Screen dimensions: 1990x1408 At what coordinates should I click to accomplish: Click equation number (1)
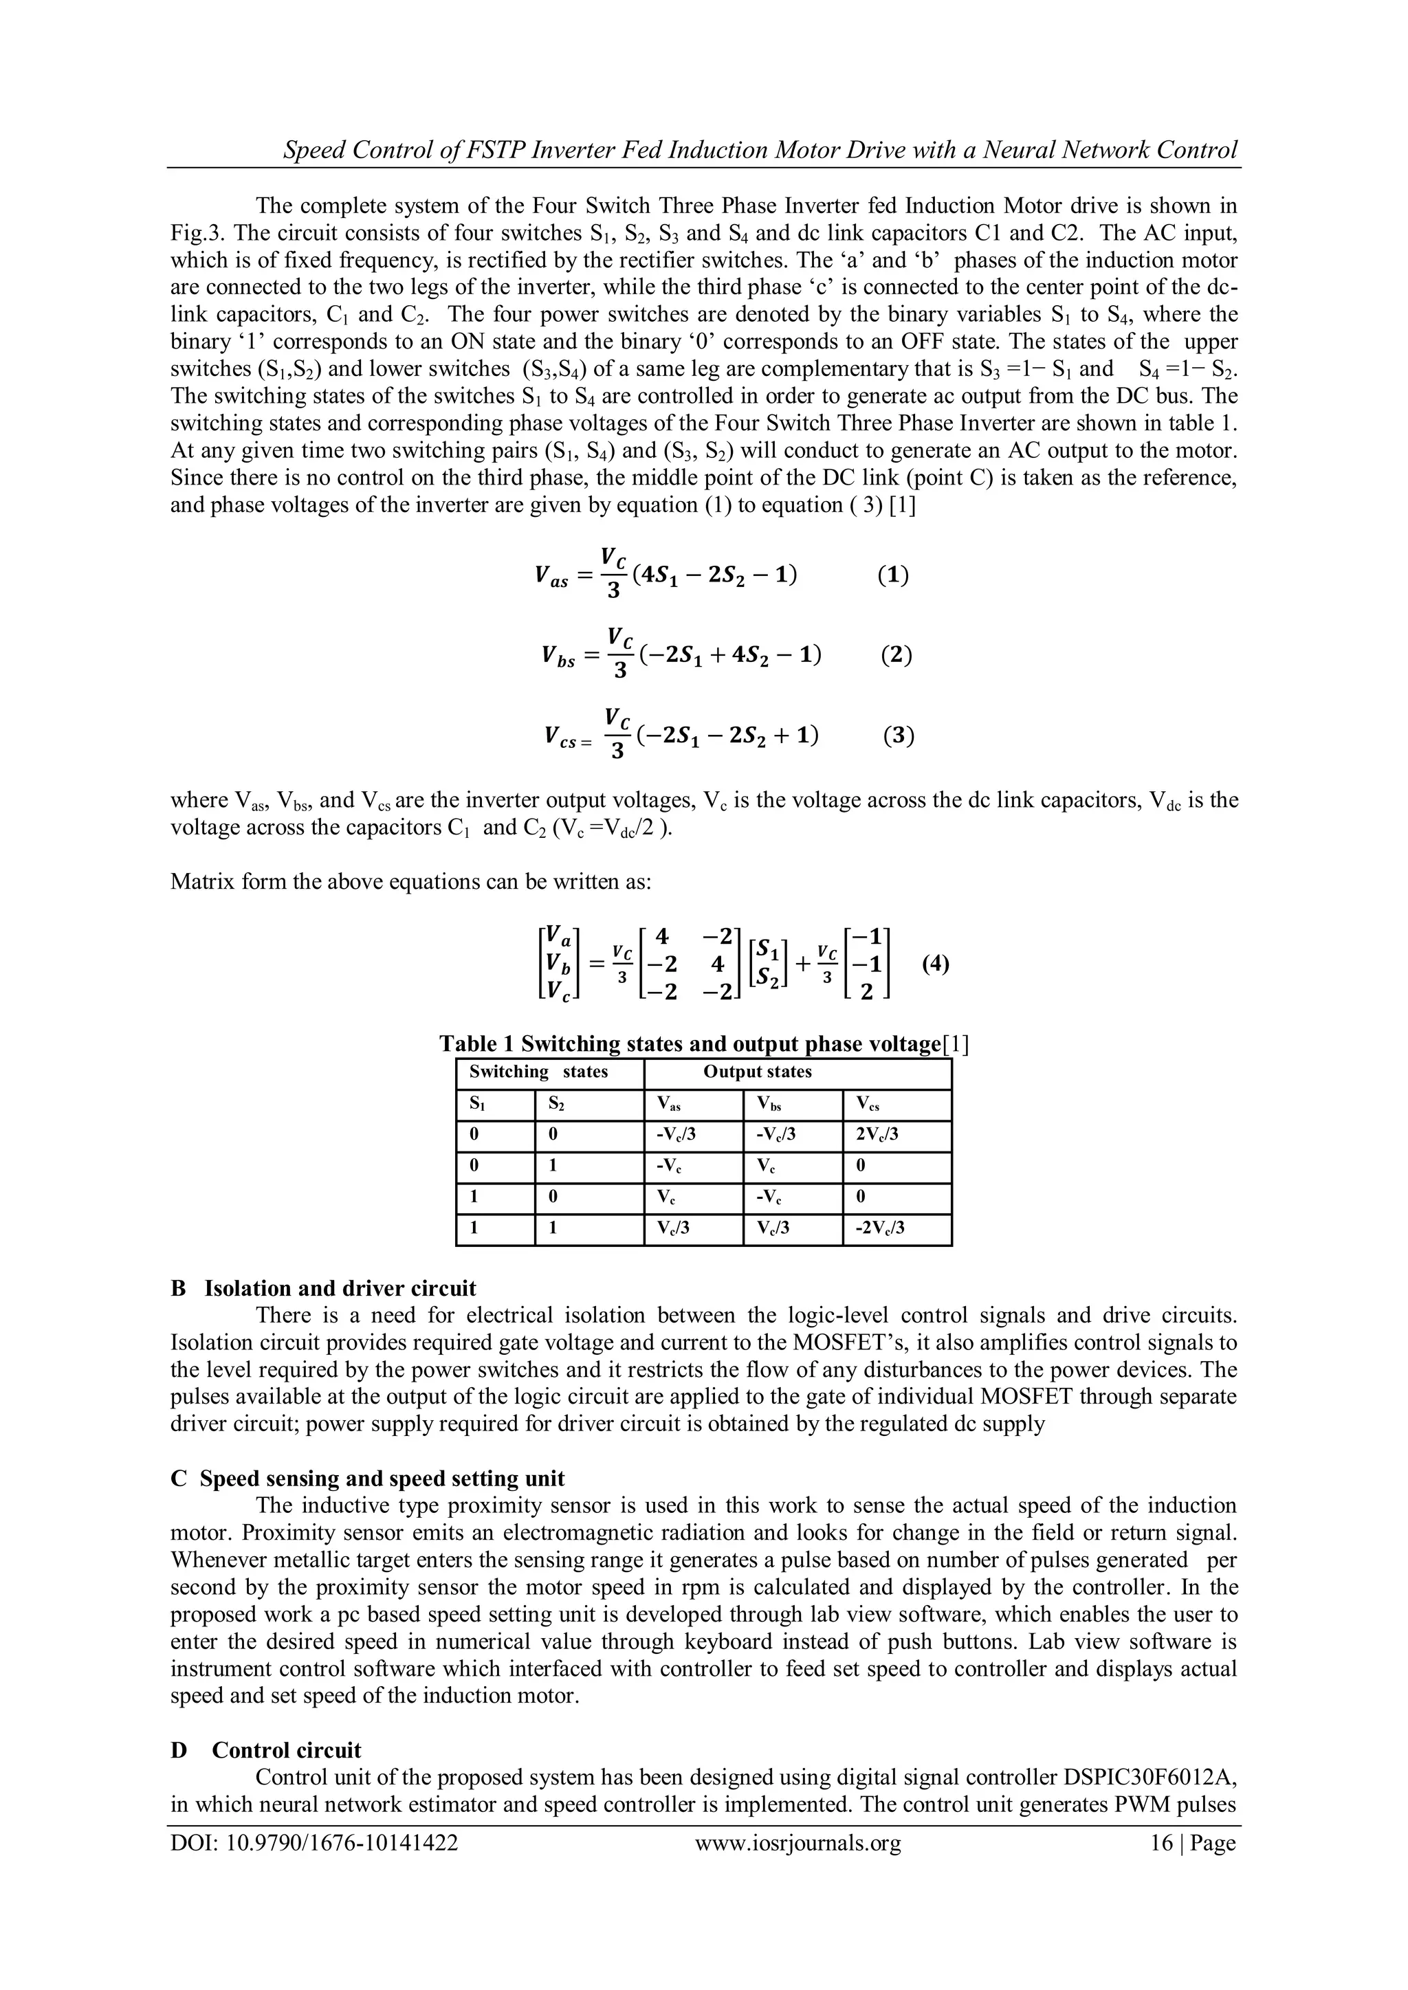[892, 575]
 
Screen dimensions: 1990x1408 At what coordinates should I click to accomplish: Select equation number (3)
[898, 736]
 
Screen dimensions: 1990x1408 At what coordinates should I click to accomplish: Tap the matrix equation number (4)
[936, 964]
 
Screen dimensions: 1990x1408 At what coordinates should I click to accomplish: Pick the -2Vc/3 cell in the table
[879, 1228]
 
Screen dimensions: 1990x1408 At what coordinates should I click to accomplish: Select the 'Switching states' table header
[538, 1072]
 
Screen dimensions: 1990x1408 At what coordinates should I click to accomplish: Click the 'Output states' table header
[757, 1072]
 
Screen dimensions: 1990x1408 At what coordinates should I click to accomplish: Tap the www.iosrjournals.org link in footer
[797, 1866]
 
